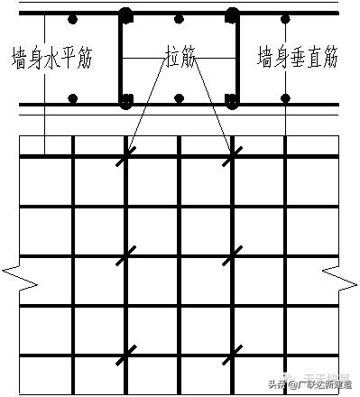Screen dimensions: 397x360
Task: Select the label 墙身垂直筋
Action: [x=299, y=59]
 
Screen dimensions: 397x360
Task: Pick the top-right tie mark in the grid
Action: [x=232, y=156]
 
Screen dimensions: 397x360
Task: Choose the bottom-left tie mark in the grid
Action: [x=126, y=352]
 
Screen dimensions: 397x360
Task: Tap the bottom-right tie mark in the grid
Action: [x=232, y=352]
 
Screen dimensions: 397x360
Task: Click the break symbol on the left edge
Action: [x=19, y=277]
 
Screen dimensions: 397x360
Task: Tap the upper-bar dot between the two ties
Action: [x=179, y=19]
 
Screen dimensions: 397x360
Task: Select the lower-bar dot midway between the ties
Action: [x=179, y=99]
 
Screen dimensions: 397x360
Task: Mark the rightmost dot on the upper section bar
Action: [x=287, y=19]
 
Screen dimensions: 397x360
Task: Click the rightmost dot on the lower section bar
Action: [x=287, y=99]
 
